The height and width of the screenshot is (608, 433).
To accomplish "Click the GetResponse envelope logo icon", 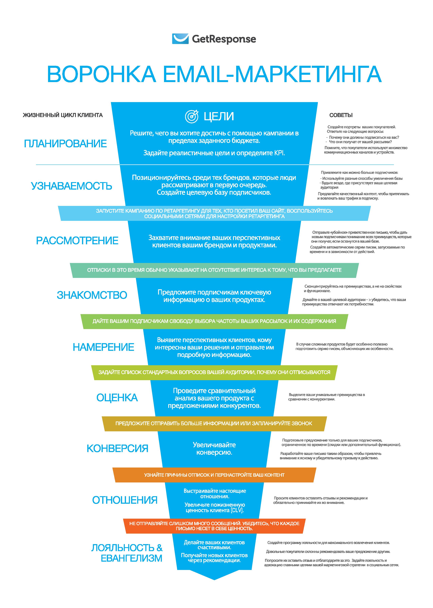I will [x=180, y=39].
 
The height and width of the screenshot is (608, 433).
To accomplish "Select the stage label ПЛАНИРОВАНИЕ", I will [x=65, y=144].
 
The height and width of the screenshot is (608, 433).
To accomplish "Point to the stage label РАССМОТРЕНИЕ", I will [x=77, y=241].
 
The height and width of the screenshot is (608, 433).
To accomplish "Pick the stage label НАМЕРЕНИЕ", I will [x=103, y=347].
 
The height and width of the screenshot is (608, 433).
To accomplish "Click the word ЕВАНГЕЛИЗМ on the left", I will [x=131, y=558].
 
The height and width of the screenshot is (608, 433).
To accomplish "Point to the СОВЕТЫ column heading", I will [x=341, y=115].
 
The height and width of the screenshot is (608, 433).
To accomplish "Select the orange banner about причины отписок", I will [x=214, y=475].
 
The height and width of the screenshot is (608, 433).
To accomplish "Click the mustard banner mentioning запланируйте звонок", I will [x=214, y=424].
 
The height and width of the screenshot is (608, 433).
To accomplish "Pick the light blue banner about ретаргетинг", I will [x=214, y=213].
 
